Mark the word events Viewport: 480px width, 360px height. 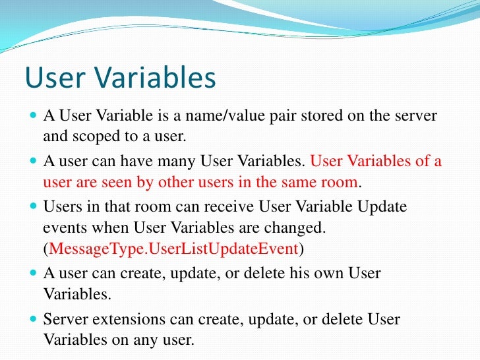[x=63, y=228]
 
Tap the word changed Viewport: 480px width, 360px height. [x=296, y=228]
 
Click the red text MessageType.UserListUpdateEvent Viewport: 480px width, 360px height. [x=174, y=249]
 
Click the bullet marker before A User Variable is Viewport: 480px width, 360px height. [x=34, y=117]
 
